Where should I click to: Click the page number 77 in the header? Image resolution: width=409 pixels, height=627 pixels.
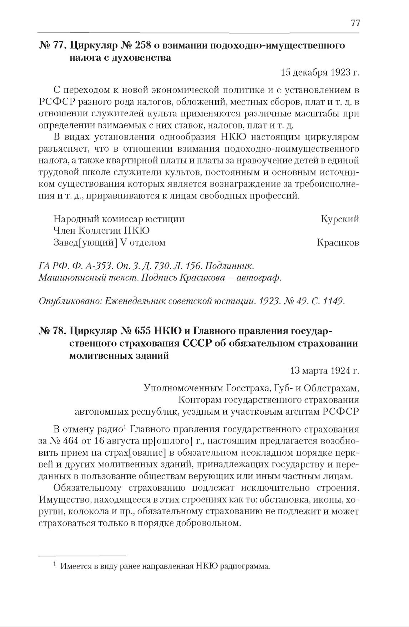pos(355,23)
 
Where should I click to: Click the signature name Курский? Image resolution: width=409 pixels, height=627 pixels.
pos(340,219)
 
